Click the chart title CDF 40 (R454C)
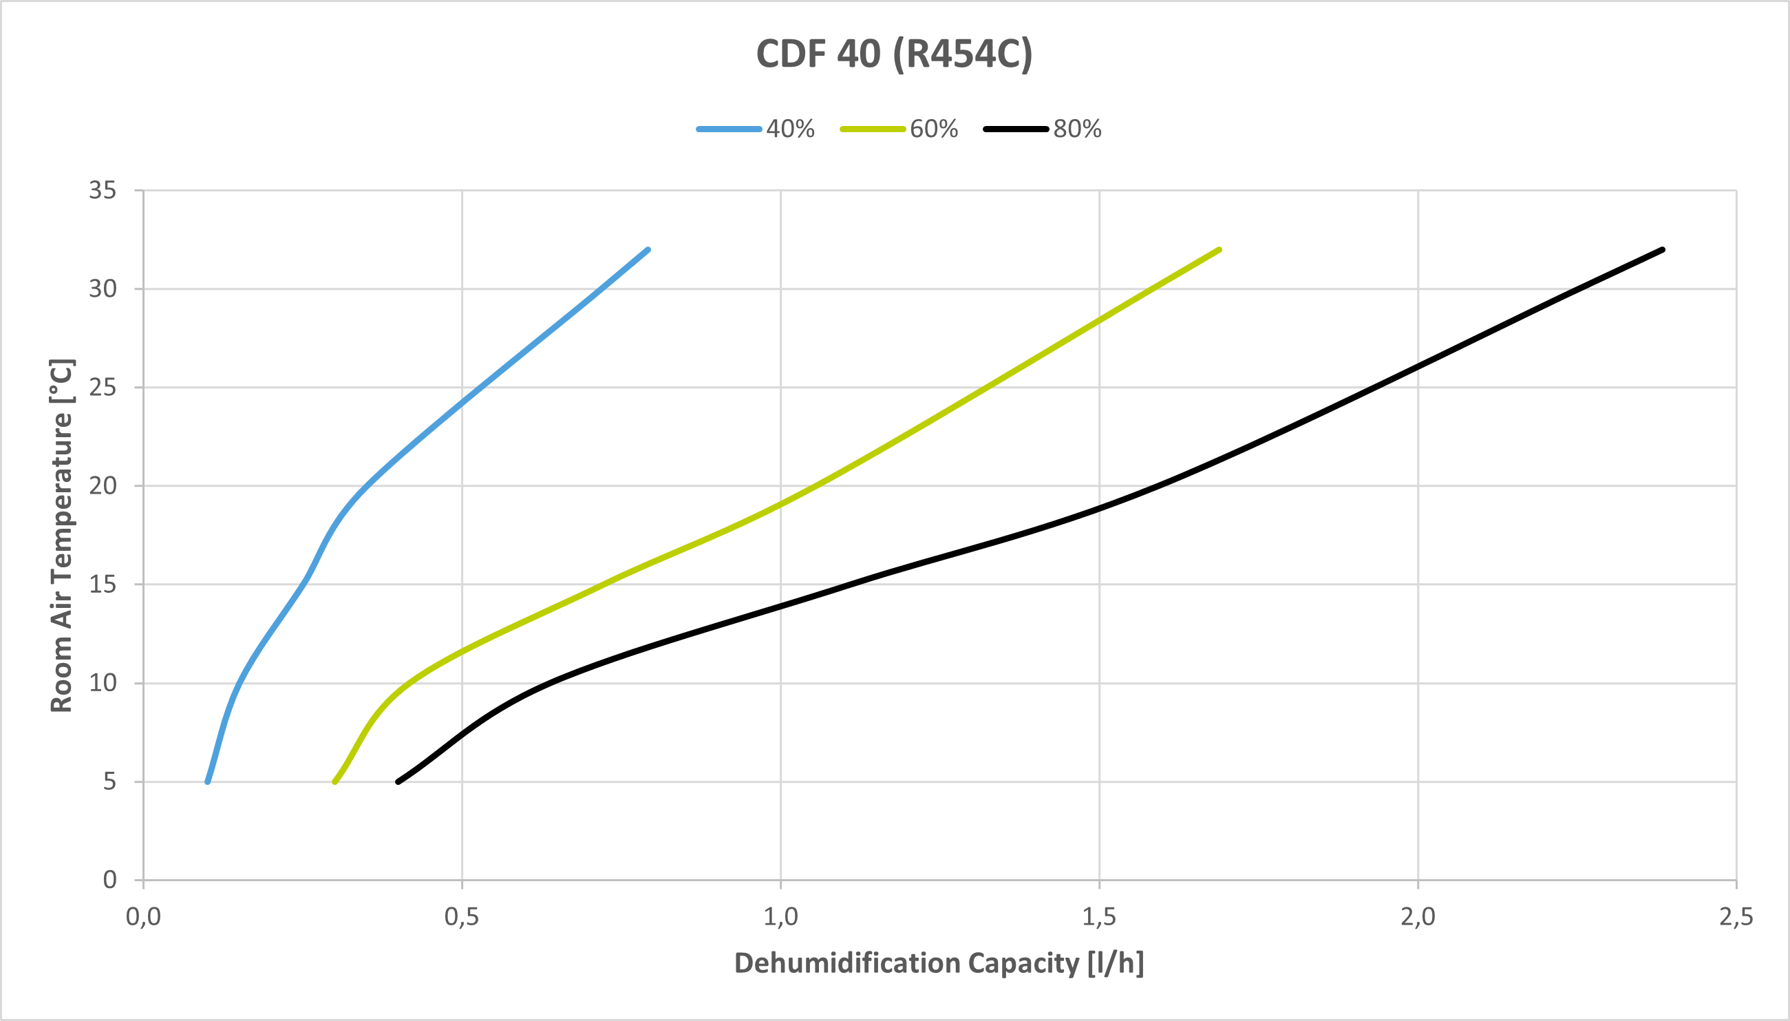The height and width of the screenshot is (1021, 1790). pyautogui.click(x=894, y=53)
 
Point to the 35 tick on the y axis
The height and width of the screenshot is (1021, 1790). pyautogui.click(x=103, y=190)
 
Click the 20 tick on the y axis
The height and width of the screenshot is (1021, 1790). pyautogui.click(x=103, y=486)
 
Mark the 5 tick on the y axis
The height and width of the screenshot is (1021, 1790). pyautogui.click(x=109, y=781)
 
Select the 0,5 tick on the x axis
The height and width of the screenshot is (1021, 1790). pyautogui.click(x=461, y=917)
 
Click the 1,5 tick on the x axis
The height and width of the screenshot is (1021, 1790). pyautogui.click(x=1099, y=917)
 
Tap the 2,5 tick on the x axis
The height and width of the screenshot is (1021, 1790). pyautogui.click(x=1736, y=917)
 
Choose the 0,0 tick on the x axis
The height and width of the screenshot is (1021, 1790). pyautogui.click(x=143, y=917)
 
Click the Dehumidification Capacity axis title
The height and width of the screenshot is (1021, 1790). pyautogui.click(x=939, y=963)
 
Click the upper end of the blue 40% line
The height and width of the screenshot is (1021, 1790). pyautogui.click(x=648, y=250)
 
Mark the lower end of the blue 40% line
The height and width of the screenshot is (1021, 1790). pyautogui.click(x=207, y=781)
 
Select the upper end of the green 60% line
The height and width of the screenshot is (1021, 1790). pyautogui.click(x=1219, y=250)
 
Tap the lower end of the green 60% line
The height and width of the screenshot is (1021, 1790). pyautogui.click(x=334, y=781)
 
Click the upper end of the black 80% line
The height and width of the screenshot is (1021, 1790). pyautogui.click(x=1663, y=250)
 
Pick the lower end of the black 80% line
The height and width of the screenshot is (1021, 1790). pyautogui.click(x=398, y=781)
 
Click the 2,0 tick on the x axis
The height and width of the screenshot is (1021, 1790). pyautogui.click(x=1418, y=917)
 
